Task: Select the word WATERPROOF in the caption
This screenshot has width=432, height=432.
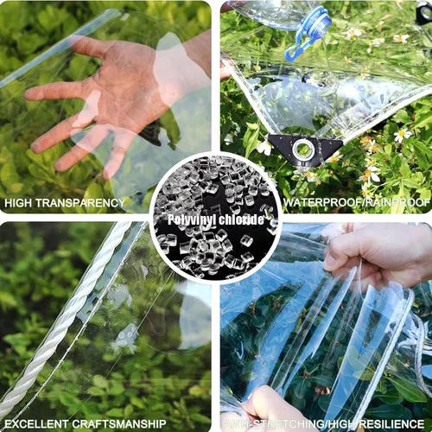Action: tap(319, 204)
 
